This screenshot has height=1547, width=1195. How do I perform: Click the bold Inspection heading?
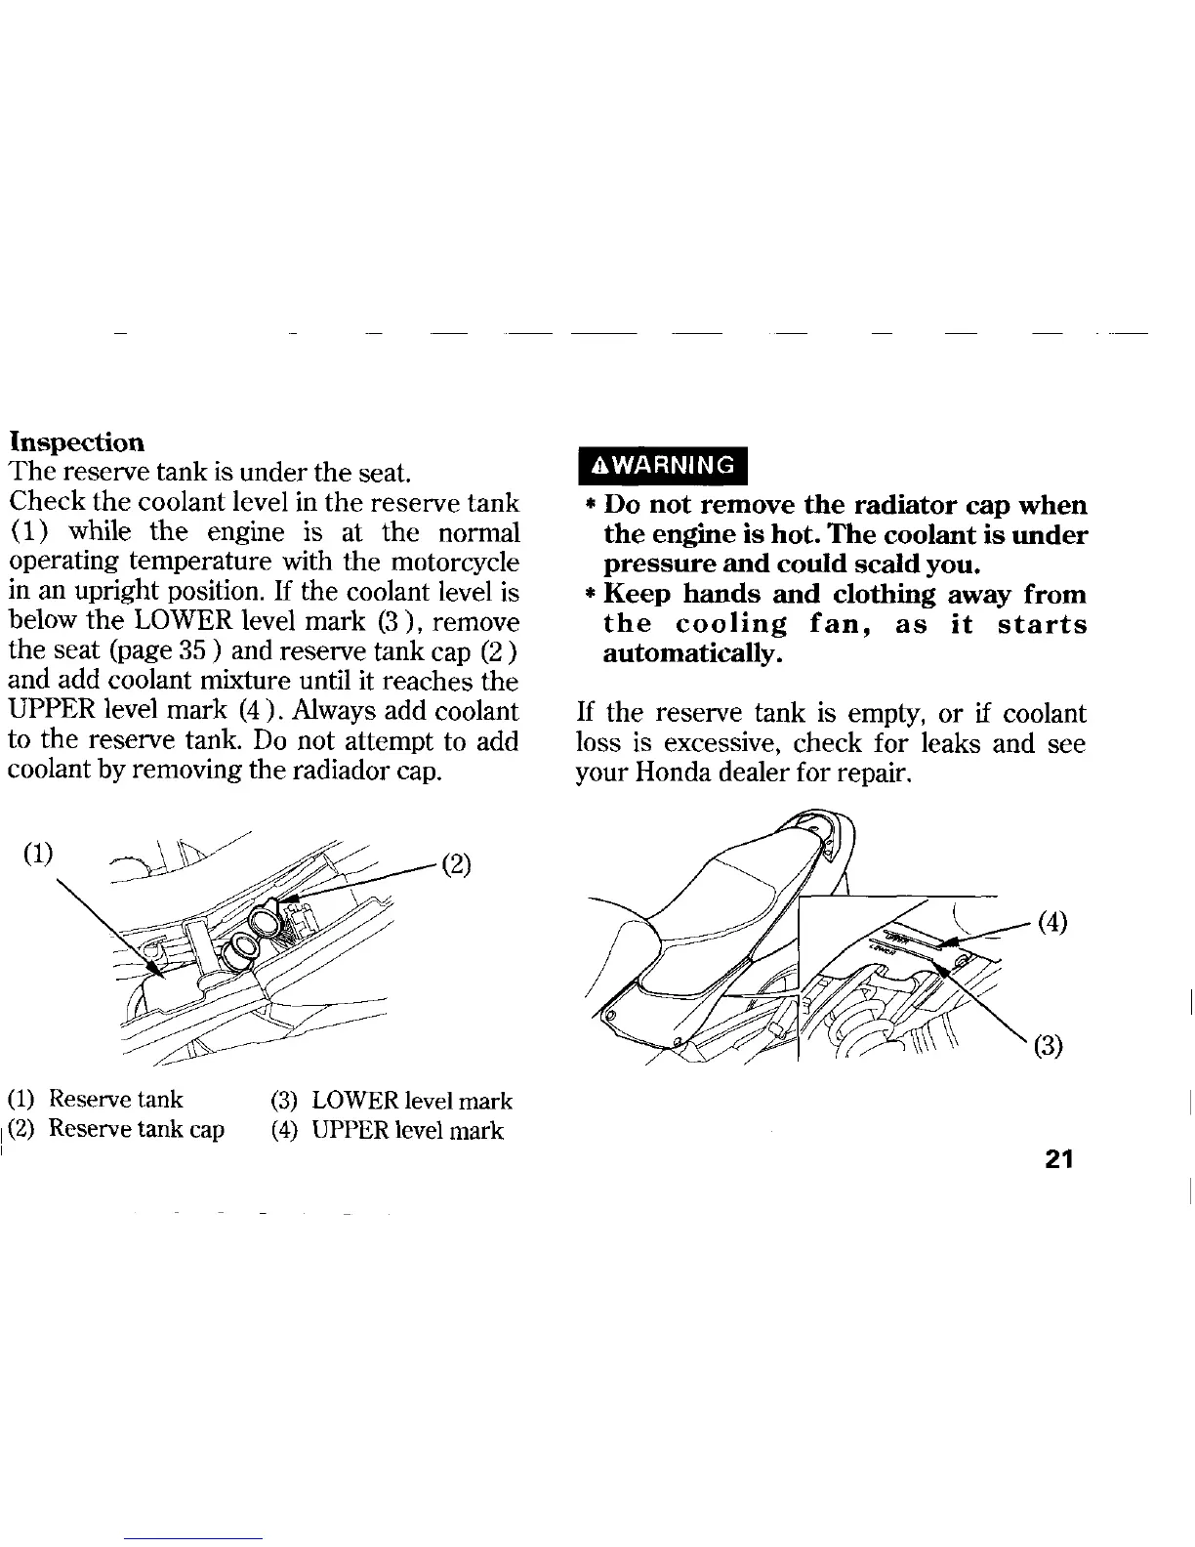[x=76, y=442]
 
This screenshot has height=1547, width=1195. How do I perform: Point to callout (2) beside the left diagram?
[x=457, y=865]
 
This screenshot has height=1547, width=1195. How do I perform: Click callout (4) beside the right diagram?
[x=1051, y=921]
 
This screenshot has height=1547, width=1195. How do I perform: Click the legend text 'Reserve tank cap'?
[x=137, y=1130]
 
